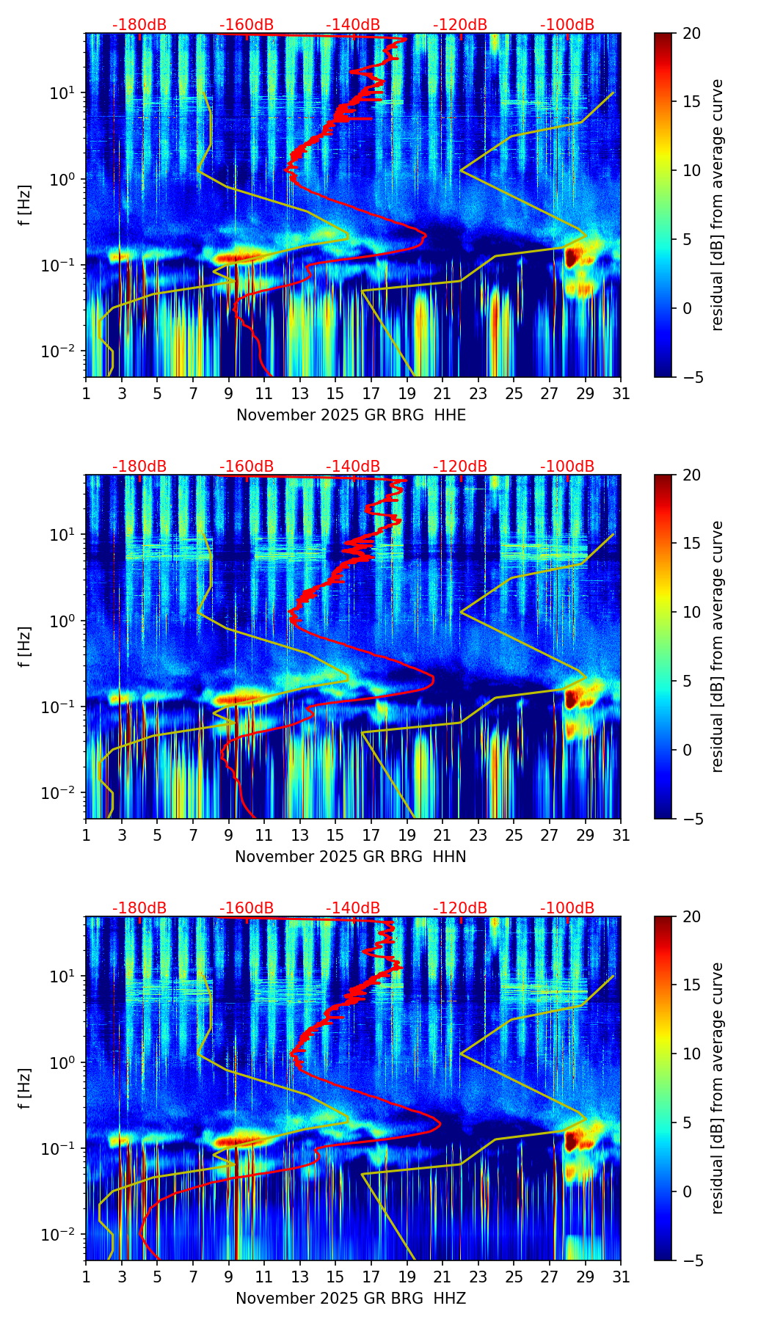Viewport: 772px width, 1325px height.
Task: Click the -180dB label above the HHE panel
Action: (139, 25)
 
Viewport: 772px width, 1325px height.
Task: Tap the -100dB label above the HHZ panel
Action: (567, 908)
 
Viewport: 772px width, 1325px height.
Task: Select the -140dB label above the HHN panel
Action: (353, 467)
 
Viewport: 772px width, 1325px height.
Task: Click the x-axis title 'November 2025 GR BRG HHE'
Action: (351, 415)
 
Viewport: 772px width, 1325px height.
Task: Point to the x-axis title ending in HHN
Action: (351, 857)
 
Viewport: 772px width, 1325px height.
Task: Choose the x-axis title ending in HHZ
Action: (351, 1299)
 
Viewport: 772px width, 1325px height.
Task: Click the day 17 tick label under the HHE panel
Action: (371, 393)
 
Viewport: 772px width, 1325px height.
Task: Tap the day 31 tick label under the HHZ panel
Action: (621, 1277)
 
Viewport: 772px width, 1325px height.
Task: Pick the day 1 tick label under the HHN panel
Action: (87, 835)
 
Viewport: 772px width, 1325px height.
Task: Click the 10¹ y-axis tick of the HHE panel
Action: (61, 93)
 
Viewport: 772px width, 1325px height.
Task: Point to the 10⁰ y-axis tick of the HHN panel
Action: (61, 621)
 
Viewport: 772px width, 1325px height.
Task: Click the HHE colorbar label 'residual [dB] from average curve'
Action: (718, 205)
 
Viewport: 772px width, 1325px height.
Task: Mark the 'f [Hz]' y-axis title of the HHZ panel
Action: (25, 1088)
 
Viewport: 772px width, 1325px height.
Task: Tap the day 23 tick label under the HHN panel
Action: (478, 835)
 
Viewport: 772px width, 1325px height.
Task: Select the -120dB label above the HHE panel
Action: (460, 25)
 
